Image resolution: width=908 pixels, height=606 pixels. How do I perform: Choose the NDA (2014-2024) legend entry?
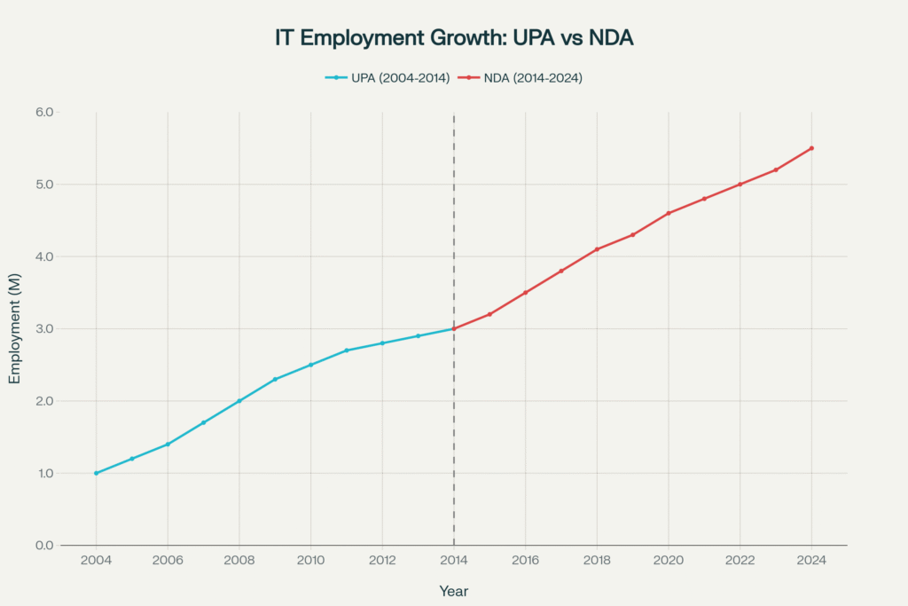point(520,78)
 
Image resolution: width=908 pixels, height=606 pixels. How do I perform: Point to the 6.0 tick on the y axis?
point(44,113)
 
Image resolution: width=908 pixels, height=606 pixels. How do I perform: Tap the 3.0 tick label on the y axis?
point(44,329)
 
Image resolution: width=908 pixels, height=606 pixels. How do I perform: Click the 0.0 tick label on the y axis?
point(44,546)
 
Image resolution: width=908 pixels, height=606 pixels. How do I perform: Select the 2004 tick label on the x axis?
point(96,561)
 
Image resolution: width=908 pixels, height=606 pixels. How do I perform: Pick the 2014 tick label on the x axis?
point(454,561)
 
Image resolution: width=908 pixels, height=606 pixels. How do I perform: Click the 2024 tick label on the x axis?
point(811,561)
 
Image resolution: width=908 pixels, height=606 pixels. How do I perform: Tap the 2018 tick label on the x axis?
point(597,561)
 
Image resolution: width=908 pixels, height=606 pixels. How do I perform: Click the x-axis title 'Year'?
point(453,591)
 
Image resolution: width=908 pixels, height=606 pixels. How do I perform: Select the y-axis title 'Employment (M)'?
point(14,329)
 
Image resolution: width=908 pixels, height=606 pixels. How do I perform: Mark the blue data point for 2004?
point(96,473)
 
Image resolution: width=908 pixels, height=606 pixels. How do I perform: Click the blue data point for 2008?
point(239,401)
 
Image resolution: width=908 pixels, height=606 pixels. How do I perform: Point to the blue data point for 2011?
point(347,350)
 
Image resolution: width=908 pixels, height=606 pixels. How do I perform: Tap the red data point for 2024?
point(811,148)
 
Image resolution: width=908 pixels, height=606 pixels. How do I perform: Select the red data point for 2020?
point(669,213)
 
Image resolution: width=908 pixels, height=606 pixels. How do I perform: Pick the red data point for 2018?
point(597,249)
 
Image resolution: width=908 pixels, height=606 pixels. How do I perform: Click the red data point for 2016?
point(525,293)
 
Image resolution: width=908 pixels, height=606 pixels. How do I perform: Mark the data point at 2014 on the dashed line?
point(454,328)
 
